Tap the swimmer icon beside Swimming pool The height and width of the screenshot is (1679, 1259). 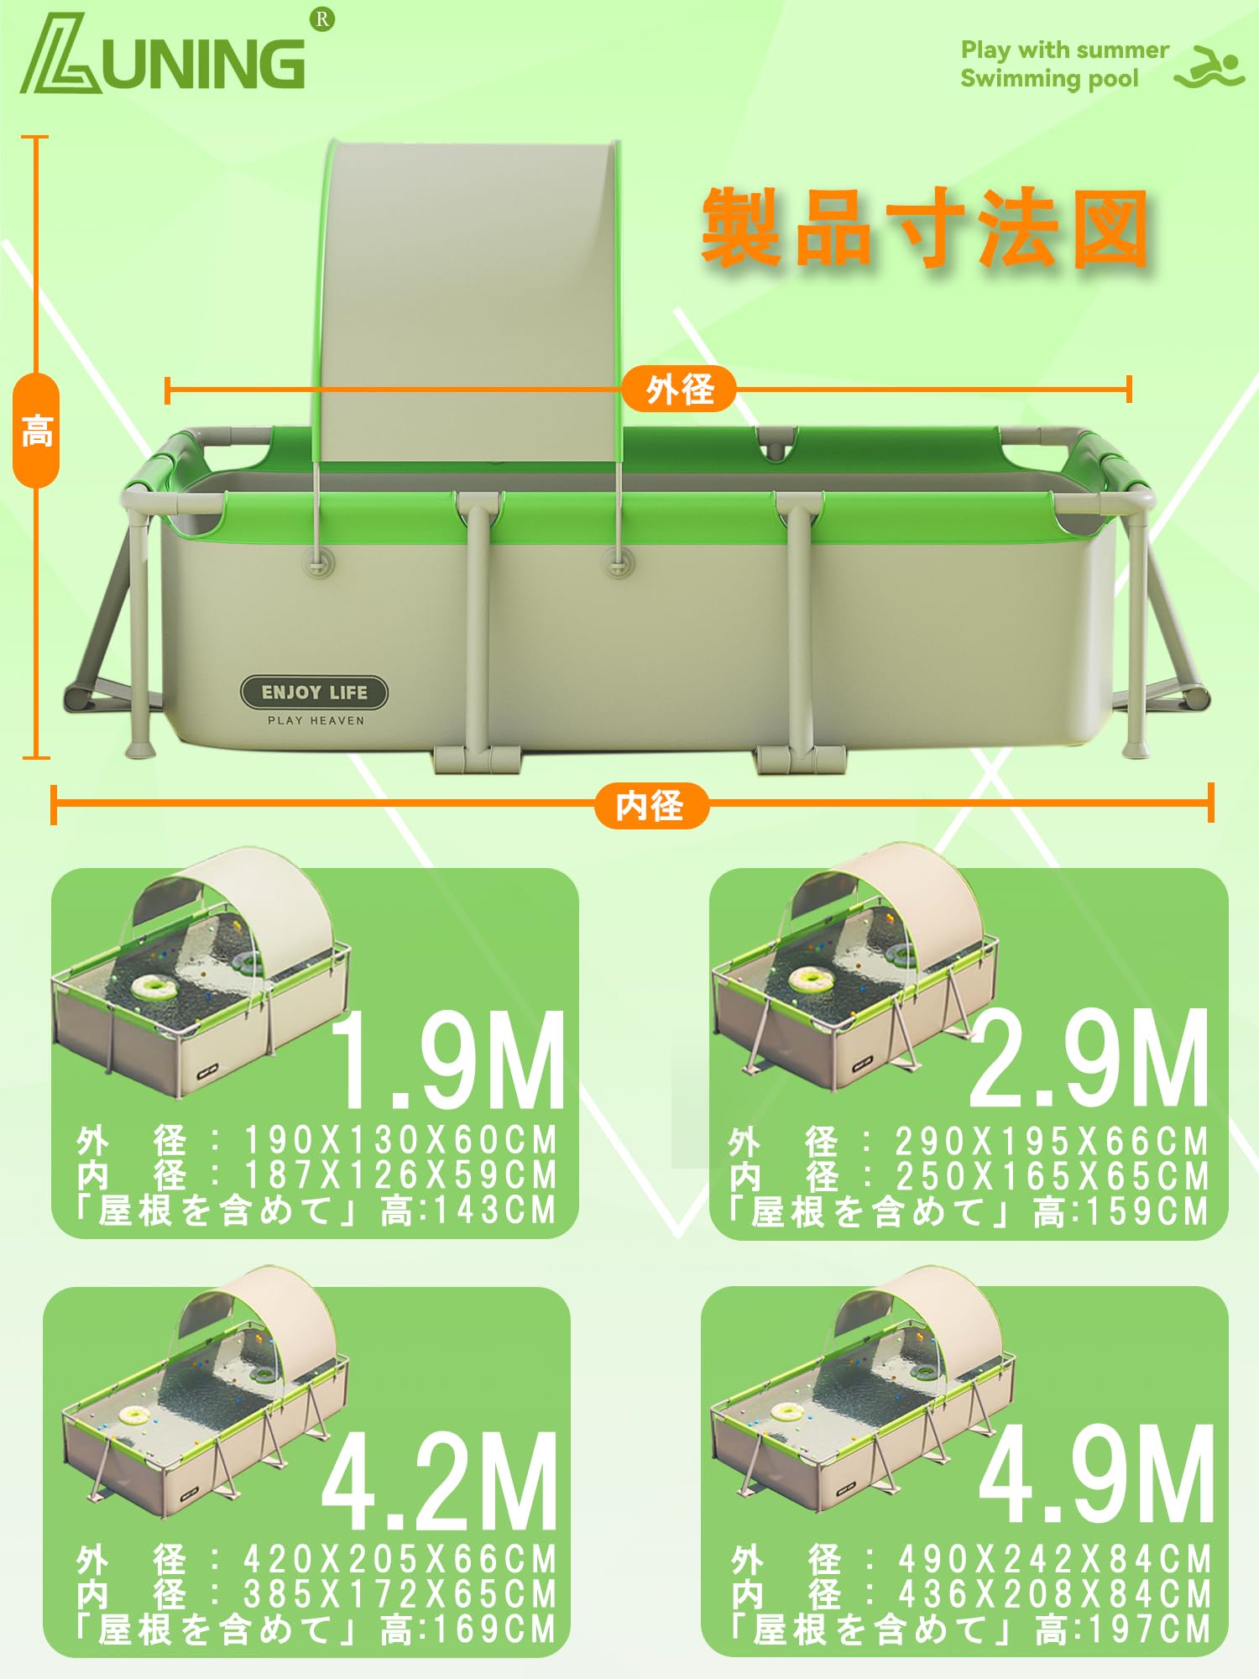pos(1209,66)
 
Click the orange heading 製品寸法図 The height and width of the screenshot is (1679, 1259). pos(924,228)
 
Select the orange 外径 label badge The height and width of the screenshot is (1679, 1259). pos(679,390)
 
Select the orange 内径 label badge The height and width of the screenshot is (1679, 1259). pos(650,805)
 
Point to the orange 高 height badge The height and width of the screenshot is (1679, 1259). pos(37,431)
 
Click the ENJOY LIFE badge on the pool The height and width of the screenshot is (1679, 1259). pos(315,693)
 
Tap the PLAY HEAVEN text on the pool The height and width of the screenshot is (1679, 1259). pos(316,720)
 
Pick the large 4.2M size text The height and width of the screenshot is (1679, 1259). pos(440,1482)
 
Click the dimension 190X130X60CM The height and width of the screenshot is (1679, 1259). pos(401,1140)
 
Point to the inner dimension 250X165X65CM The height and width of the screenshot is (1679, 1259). pos(1053,1176)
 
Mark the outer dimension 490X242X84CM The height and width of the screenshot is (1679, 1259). pos(1055,1560)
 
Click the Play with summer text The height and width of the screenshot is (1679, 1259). pos(1064,50)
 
